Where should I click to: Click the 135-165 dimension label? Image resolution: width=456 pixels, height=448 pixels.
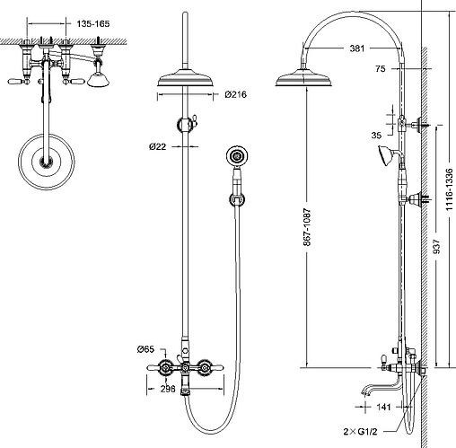click(93, 23)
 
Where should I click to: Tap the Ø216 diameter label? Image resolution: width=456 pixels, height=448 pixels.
click(236, 94)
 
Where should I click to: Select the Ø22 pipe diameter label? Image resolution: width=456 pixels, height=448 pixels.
click(158, 146)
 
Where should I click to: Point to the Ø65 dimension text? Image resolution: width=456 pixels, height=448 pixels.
click(145, 349)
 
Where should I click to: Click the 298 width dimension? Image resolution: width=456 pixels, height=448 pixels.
click(168, 389)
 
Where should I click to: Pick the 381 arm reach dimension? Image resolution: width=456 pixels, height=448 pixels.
click(357, 48)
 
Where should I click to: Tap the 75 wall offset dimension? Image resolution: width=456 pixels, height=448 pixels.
click(381, 69)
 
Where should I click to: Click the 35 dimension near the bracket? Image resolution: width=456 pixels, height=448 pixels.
click(376, 136)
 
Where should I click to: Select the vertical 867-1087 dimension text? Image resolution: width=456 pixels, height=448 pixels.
click(307, 227)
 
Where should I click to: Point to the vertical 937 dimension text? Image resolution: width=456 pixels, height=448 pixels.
click(437, 246)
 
